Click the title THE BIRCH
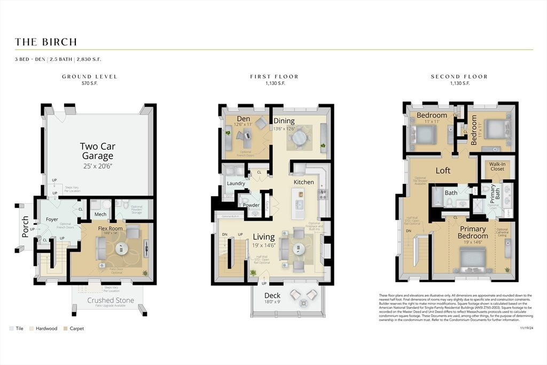click(x=46, y=42)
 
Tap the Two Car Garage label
click(x=98, y=151)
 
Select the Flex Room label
click(x=111, y=229)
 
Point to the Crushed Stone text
click(x=108, y=300)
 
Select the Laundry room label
click(x=236, y=183)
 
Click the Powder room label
click(x=251, y=205)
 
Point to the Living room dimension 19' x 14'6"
click(x=264, y=245)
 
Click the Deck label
click(x=272, y=296)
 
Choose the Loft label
click(x=443, y=170)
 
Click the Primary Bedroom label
click(x=473, y=232)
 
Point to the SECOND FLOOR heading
click(x=459, y=76)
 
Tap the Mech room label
click(x=100, y=214)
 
